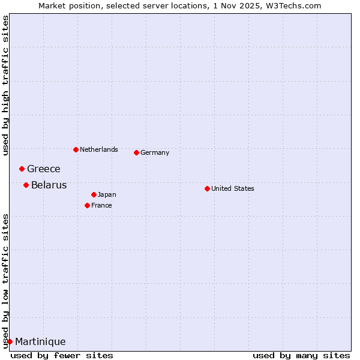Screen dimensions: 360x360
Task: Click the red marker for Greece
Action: coord(22,169)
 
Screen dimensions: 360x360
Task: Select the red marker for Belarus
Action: coord(26,185)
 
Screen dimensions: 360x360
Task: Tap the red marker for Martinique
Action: coord(10,341)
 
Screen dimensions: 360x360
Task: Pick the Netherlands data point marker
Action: coord(76,149)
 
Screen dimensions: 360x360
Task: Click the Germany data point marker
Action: coord(136,152)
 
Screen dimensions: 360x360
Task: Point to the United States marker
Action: coord(207,188)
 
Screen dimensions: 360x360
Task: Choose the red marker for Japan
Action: coord(94,194)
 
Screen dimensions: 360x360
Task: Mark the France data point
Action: coord(87,205)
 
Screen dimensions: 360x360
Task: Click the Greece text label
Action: coord(44,169)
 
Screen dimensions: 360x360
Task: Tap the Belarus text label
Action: coord(49,185)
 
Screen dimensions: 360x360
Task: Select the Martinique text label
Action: coord(40,341)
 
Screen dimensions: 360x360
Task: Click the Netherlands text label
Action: coord(99,149)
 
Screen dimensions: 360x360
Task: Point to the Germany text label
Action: coord(155,152)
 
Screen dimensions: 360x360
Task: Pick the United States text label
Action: coord(233,188)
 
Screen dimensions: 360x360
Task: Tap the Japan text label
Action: coord(107,194)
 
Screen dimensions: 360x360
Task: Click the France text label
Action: coord(101,205)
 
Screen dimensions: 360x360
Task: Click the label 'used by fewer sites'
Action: coord(62,355)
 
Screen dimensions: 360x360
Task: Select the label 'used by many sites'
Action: coord(301,355)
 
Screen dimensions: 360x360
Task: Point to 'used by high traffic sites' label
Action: coord(5,85)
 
